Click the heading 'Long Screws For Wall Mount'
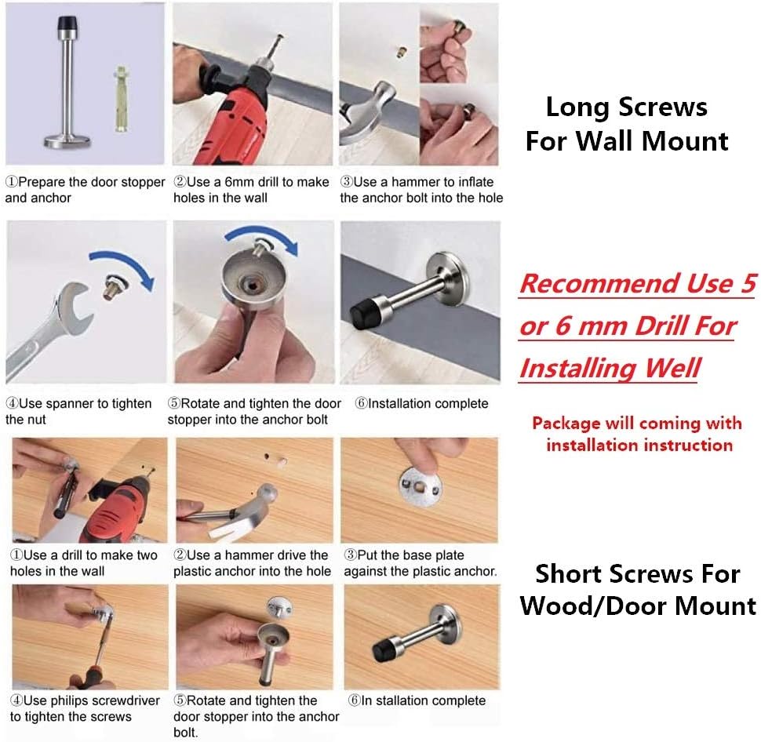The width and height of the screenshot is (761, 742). [627, 124]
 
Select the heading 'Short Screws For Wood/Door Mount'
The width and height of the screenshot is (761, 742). [638, 590]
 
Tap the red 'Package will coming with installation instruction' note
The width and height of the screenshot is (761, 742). [637, 434]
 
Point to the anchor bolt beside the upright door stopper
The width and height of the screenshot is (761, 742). [121, 99]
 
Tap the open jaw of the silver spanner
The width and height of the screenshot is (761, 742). [77, 308]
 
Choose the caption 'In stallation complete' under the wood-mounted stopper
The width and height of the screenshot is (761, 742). [424, 700]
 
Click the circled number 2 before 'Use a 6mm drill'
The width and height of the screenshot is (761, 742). [180, 182]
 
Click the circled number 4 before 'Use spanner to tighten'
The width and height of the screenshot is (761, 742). [12, 404]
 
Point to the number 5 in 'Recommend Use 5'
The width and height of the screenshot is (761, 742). [748, 283]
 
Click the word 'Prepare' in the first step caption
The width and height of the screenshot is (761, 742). [42, 183]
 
